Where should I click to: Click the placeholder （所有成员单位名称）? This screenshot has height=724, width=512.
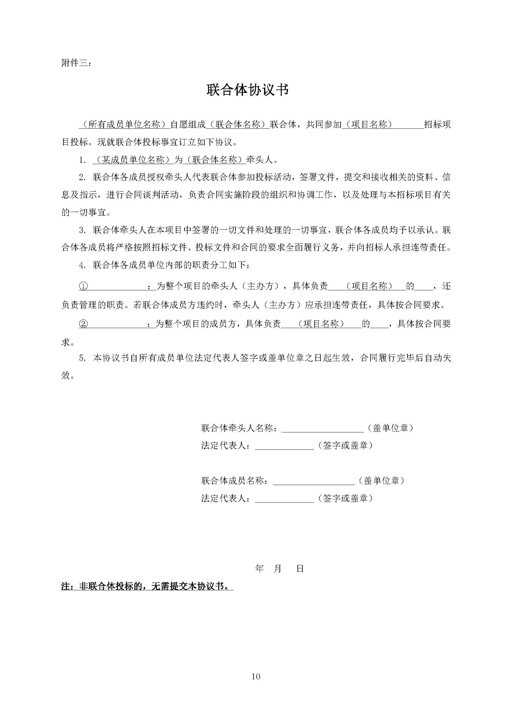(x=124, y=124)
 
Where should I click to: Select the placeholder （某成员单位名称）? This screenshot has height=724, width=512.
(x=134, y=160)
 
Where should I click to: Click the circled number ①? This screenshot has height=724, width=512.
(x=83, y=286)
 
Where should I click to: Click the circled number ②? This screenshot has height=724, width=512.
(x=83, y=324)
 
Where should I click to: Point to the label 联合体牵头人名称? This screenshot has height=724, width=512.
(x=240, y=428)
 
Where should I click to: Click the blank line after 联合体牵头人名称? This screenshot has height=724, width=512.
(x=323, y=429)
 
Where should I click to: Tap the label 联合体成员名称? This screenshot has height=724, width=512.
(x=235, y=481)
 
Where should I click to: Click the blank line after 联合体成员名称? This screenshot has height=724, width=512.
(x=314, y=481)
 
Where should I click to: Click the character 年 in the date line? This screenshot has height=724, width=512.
(x=259, y=569)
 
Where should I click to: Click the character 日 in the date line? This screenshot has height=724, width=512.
(x=300, y=569)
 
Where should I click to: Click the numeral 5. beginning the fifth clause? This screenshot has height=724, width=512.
(x=82, y=358)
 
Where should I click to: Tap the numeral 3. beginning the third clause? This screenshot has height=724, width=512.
(x=82, y=231)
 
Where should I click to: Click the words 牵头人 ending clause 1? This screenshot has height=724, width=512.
(x=259, y=160)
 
